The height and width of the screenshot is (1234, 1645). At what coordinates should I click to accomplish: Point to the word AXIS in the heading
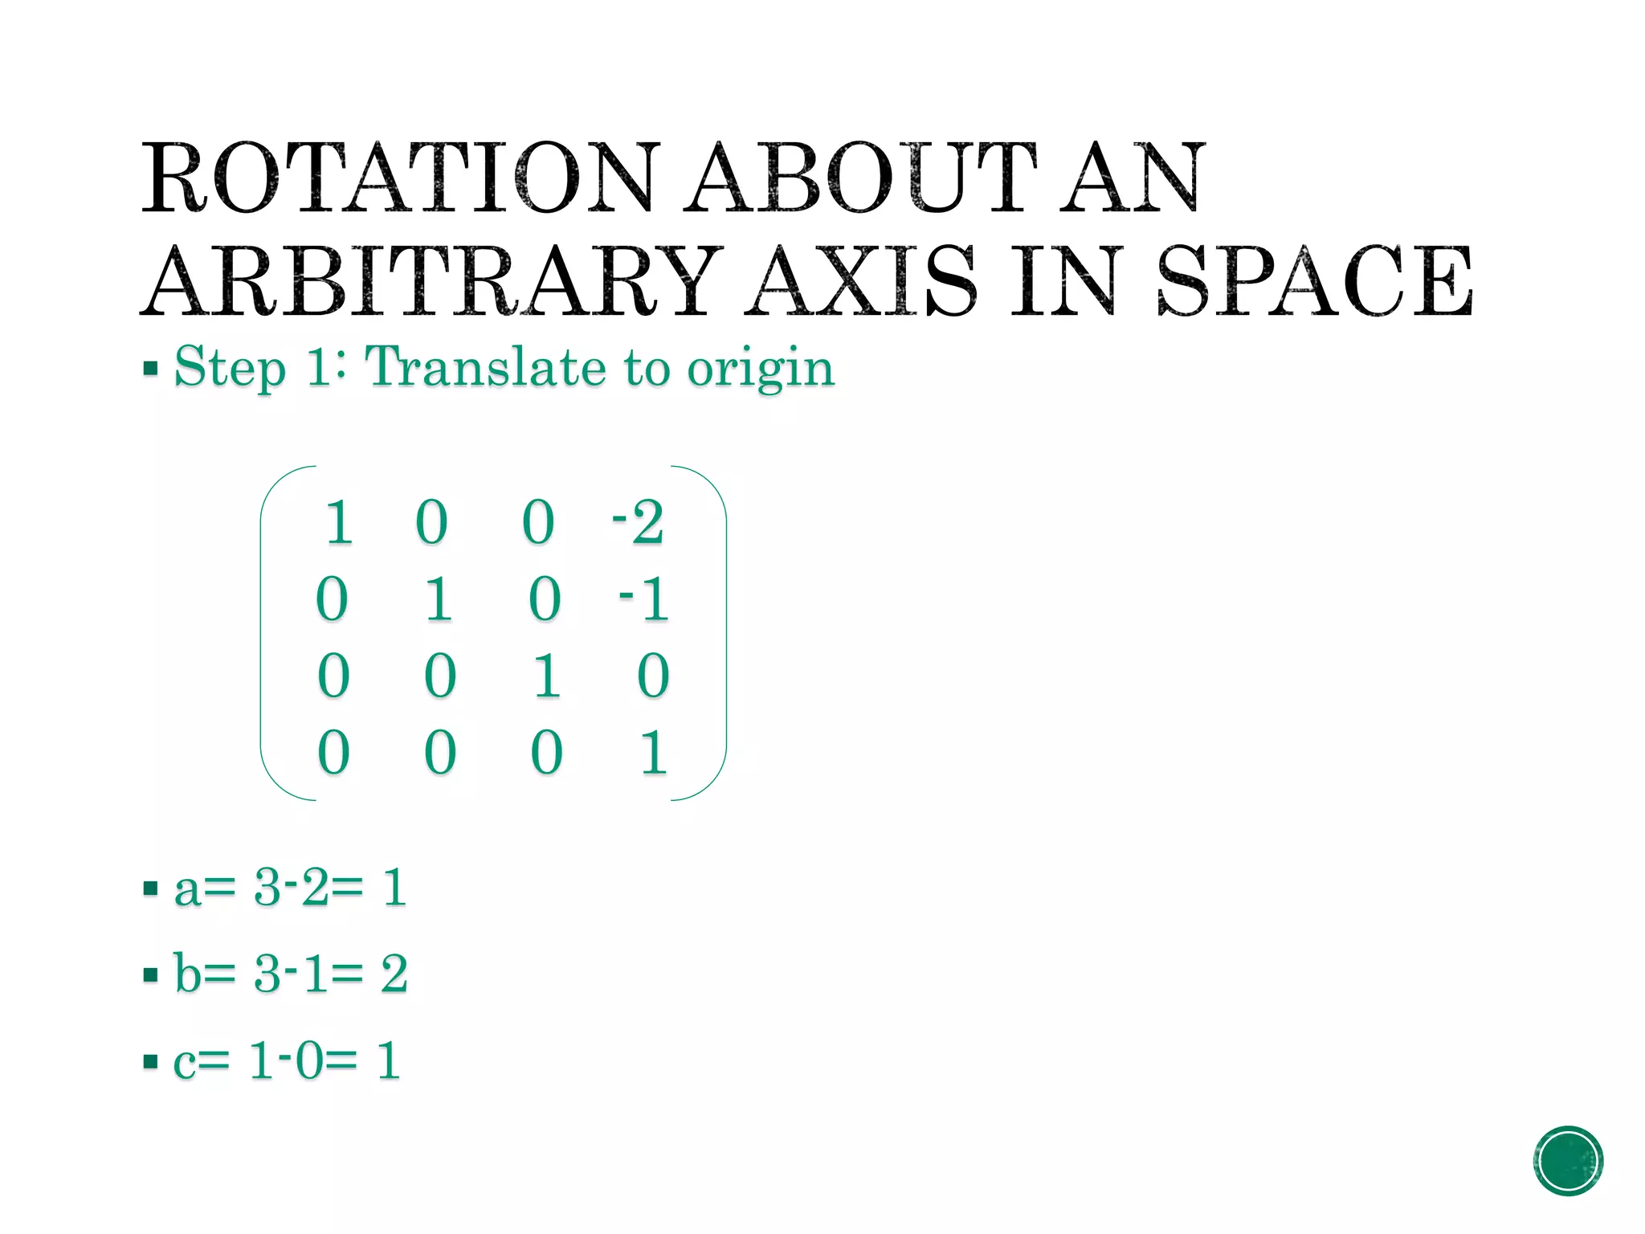click(860, 281)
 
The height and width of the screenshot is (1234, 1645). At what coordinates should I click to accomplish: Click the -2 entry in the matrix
click(639, 522)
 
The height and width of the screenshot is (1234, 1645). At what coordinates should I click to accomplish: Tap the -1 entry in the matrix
click(644, 599)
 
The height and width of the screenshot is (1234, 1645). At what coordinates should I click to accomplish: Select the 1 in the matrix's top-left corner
click(338, 522)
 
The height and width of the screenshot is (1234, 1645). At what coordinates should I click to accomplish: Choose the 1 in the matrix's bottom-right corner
click(653, 753)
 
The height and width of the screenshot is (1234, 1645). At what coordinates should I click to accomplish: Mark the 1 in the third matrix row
click(547, 676)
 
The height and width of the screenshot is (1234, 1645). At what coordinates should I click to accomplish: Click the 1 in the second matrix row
click(439, 599)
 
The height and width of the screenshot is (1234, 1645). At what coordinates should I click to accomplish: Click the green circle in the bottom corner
click(1568, 1161)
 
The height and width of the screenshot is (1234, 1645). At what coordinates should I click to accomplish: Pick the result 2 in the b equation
click(394, 974)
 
